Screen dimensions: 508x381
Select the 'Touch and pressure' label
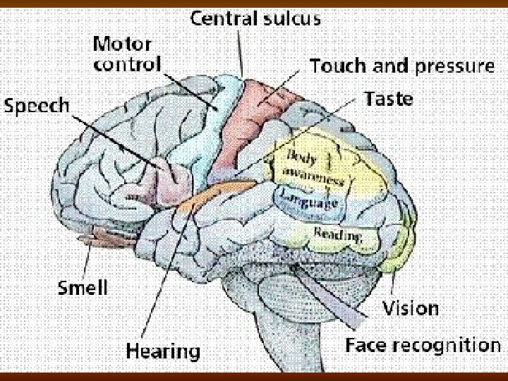point(401,67)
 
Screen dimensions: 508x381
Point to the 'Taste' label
point(389,99)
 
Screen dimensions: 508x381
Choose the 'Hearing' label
point(164,350)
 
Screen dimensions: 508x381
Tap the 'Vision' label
point(410,308)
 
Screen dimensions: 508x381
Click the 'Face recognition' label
point(423,345)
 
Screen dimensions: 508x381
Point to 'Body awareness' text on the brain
point(315,167)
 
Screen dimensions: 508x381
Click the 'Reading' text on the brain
point(338,235)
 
